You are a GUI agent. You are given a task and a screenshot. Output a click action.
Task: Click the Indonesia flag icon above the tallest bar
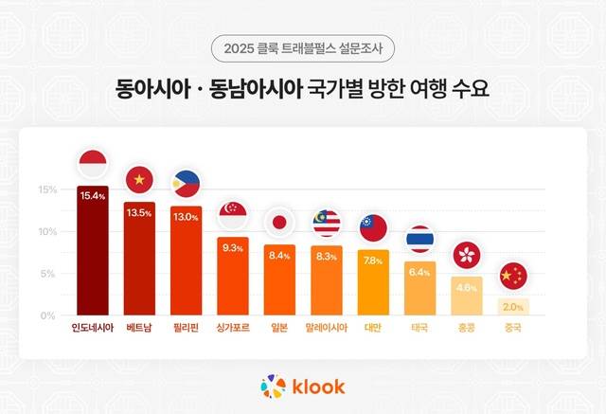click(93, 162)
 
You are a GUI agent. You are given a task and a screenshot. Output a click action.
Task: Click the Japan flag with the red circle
click(279, 223)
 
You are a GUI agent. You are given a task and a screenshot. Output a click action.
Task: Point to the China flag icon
click(512, 276)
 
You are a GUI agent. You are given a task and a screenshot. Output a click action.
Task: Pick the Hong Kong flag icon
click(466, 254)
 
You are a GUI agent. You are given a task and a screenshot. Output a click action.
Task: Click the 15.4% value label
click(93, 195)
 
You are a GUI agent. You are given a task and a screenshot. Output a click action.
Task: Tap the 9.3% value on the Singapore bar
click(233, 247)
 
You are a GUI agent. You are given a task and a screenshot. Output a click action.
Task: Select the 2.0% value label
click(512, 306)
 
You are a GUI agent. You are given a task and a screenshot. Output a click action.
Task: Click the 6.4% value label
click(419, 272)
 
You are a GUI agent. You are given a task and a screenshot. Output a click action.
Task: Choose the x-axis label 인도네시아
click(93, 329)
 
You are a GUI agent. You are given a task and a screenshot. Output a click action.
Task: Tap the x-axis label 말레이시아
click(326, 329)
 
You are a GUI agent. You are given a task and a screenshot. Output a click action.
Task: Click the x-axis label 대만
click(373, 329)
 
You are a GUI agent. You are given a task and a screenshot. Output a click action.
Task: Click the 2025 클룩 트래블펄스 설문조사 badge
click(303, 46)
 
